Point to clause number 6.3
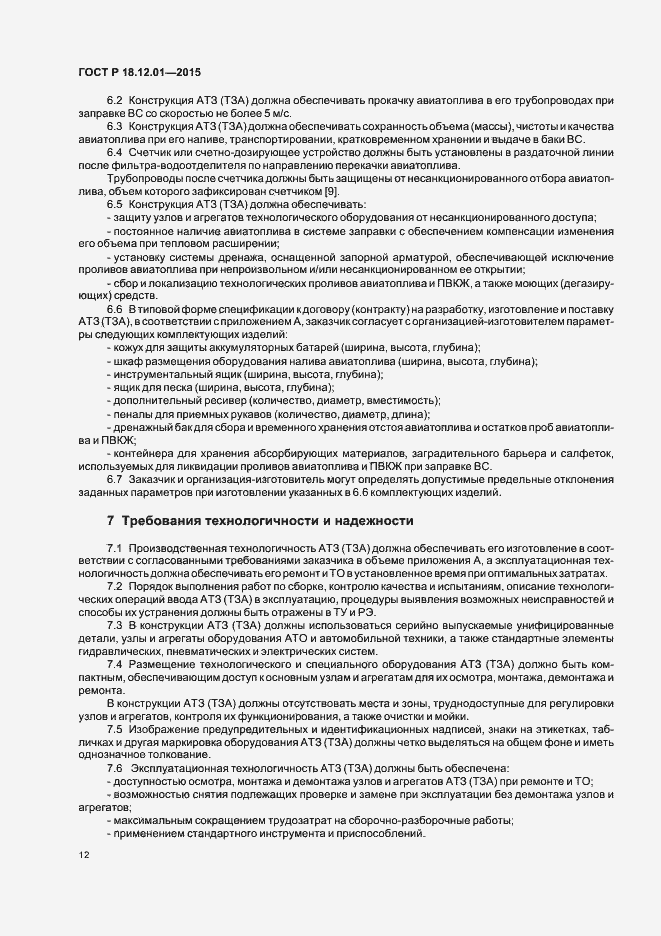click(113, 127)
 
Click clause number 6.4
click(113, 151)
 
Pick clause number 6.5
click(113, 203)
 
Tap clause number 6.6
click(113, 310)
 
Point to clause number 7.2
click(113, 584)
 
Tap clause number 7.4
click(113, 663)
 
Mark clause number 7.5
click(113, 729)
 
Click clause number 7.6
click(113, 766)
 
